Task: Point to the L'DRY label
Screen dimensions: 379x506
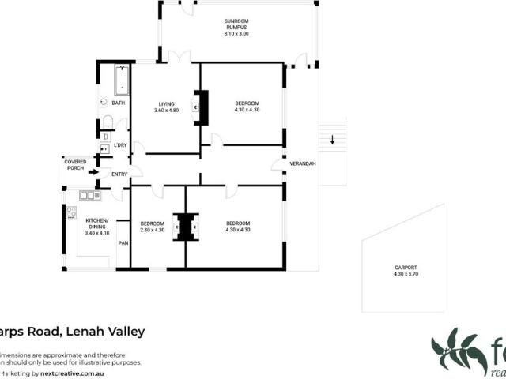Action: coord(120,145)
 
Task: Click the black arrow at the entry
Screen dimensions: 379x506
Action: coord(93,171)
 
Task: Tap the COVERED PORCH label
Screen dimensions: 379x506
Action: coord(76,164)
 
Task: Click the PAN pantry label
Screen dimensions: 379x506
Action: coord(123,242)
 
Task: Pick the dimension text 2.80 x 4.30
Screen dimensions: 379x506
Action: coord(152,230)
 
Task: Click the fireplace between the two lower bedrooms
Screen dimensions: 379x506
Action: coord(187,227)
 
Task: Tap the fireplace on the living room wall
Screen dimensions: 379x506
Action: coord(202,107)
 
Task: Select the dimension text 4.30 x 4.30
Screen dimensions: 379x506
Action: coord(247,111)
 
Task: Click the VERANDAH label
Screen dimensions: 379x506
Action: coord(303,163)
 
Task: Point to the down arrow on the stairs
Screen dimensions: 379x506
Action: coord(333,141)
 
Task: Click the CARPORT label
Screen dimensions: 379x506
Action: coord(406,268)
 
